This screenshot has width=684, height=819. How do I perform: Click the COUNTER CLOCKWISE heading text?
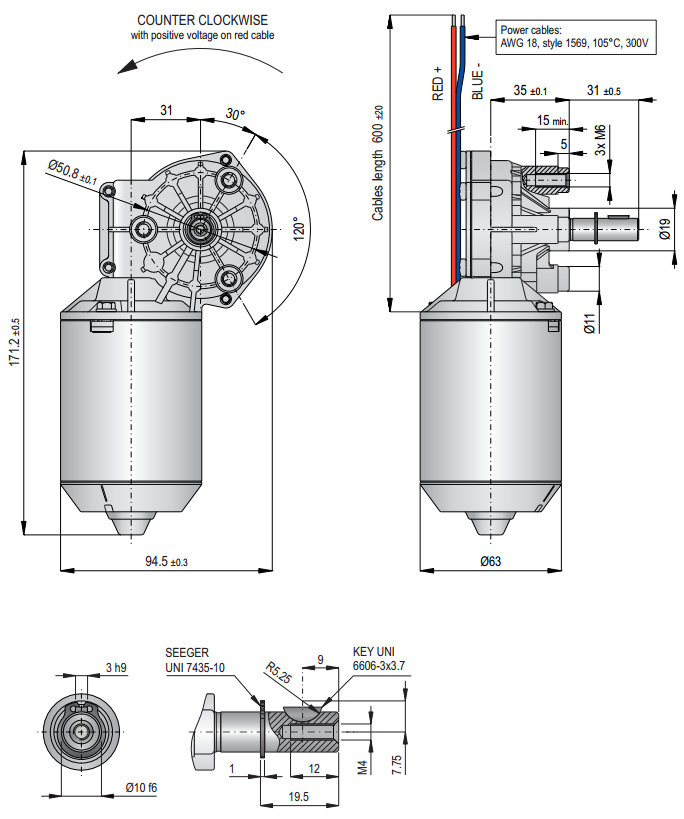point(203,20)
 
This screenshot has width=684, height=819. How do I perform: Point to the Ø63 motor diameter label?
point(490,562)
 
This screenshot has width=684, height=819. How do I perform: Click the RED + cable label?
point(437,84)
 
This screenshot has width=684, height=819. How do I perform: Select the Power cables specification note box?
point(575,37)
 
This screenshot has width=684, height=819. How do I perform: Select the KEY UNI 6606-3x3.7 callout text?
point(379,658)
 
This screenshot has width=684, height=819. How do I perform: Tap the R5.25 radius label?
point(278,672)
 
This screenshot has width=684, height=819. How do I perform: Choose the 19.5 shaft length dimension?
point(298,796)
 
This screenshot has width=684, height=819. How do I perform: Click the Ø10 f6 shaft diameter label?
point(139,787)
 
